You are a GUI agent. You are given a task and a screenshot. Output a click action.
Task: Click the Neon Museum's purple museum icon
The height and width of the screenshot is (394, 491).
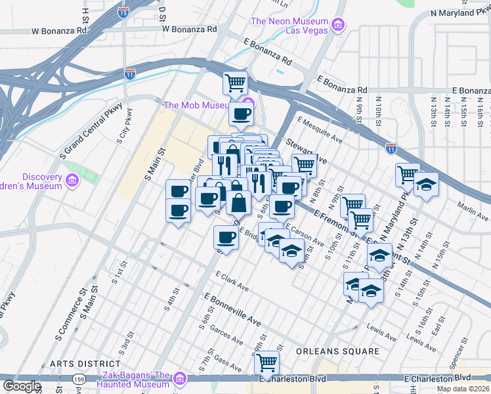[x=338, y=26]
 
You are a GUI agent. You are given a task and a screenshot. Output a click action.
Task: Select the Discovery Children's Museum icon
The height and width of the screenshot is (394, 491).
[x=72, y=180]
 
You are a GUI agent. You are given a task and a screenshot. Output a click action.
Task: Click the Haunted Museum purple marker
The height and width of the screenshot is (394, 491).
[x=179, y=378]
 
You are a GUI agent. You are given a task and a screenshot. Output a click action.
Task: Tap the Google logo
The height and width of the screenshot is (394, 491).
[x=22, y=386]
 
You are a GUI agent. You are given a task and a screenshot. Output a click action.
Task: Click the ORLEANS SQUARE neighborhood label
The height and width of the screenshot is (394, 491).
[x=337, y=351]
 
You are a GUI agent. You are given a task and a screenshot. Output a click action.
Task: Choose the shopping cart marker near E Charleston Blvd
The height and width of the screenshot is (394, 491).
[x=267, y=362]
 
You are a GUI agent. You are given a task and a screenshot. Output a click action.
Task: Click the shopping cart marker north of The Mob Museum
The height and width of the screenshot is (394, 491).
[x=235, y=83]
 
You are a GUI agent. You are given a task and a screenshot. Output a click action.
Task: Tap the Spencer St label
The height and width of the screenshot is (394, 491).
[x=453, y=374]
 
